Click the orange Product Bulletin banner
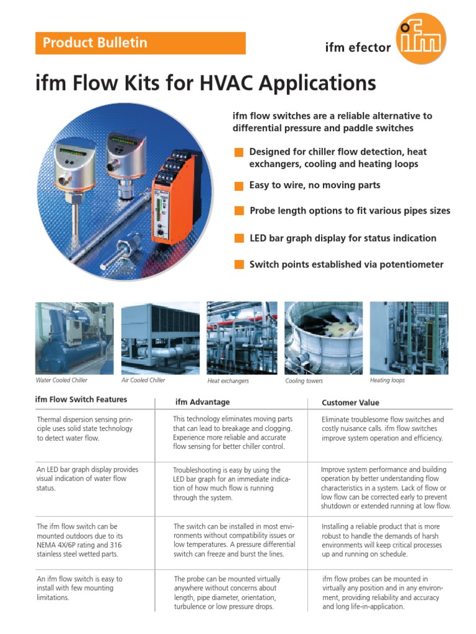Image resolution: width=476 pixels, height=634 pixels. pos(140,43)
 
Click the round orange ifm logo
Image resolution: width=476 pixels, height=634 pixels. pos(421,38)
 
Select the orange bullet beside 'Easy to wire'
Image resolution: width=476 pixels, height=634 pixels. pos(239,186)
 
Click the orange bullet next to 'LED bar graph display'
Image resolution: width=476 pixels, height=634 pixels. pos(239,238)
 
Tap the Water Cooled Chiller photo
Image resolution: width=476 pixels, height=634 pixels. pos(74,338)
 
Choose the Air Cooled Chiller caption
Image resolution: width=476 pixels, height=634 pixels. pos(143,380)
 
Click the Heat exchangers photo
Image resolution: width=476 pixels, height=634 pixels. pos(242,338)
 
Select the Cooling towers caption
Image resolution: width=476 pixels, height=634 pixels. pos(304,381)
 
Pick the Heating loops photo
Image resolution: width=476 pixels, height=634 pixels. pos(409,338)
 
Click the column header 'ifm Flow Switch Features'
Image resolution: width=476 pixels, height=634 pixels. pos(81,399)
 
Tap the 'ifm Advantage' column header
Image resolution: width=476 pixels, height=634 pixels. pos(203,402)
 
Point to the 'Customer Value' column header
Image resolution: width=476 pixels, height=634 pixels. pos(351,402)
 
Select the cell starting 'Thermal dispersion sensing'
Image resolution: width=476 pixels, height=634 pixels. pos(84,428)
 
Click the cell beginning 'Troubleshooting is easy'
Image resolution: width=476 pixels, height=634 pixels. pos(232,484)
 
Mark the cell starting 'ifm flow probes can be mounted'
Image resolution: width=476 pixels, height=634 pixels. pos(382,593)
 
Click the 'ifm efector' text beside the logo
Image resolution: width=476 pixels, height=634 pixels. pos(358,47)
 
